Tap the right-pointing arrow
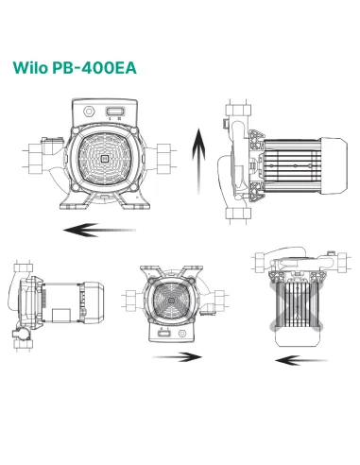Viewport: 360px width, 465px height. [178, 357]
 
